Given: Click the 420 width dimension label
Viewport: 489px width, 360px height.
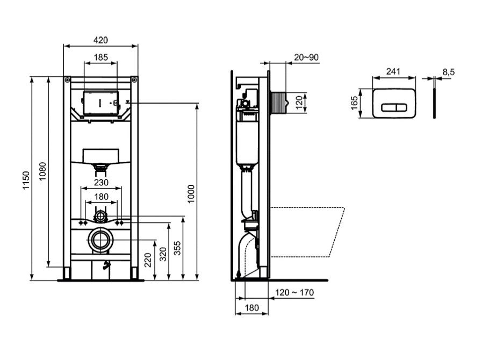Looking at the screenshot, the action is click(x=100, y=40).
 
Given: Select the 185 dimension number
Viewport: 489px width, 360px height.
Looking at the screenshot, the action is click(x=100, y=57).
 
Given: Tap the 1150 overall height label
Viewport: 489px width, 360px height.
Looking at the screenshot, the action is click(x=26, y=180).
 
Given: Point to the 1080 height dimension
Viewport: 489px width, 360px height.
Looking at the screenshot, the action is click(x=42, y=171).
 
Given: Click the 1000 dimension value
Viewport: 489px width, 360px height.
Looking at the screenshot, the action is click(x=191, y=194).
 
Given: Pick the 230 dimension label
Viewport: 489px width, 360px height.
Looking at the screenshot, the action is click(x=101, y=183).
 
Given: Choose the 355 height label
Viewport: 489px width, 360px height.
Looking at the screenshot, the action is click(x=177, y=248).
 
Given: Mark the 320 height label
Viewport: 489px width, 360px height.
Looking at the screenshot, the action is click(x=163, y=254).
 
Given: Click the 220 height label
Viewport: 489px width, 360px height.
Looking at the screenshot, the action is click(x=148, y=260).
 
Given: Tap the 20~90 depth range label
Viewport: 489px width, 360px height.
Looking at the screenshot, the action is click(x=306, y=57).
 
